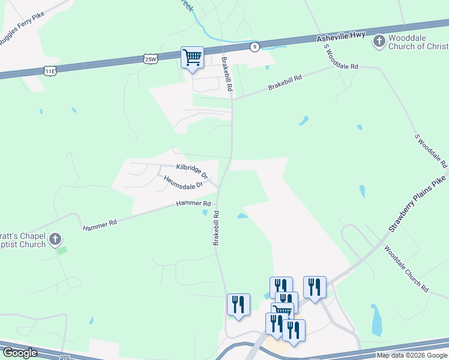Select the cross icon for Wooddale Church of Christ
coord(379,41)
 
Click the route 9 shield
coord(255,47)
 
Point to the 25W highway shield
coord(151,58)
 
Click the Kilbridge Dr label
coord(191,170)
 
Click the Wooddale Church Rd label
coord(406,269)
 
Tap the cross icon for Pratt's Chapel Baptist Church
coord(55,239)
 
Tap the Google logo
coord(20,353)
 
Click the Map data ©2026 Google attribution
coord(412,355)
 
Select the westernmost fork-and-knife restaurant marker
coord(238,304)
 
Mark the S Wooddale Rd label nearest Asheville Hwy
coord(340,58)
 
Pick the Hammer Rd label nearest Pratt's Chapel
coord(100,224)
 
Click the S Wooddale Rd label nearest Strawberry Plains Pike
coord(431,151)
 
